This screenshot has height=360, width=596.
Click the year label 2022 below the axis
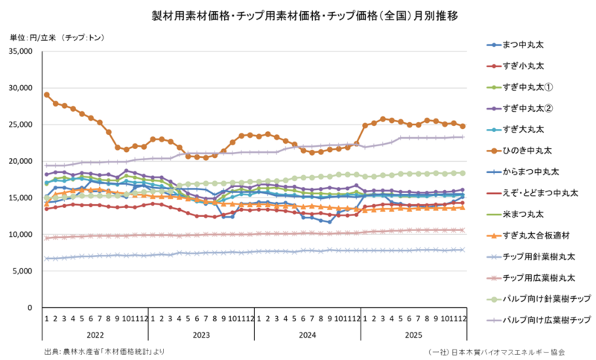coord(95,335)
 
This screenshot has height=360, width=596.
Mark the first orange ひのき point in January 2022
coord(46,95)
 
